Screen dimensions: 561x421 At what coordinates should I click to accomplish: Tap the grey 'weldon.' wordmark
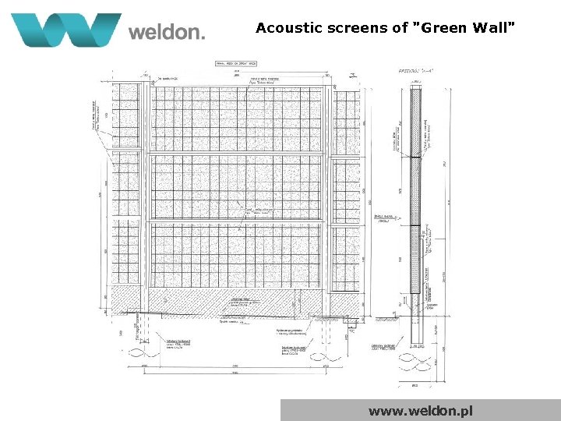click(x=167, y=32)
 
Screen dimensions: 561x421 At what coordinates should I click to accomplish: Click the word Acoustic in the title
click(x=288, y=28)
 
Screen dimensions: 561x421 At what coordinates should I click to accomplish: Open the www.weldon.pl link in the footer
click(x=421, y=410)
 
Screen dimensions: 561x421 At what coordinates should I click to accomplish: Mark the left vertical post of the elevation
click(x=146, y=195)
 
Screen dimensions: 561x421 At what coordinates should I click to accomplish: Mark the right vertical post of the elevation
click(x=326, y=195)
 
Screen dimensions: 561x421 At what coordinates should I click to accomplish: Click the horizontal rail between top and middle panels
click(x=236, y=154)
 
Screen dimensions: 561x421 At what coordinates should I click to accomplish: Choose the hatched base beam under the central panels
click(x=236, y=299)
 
